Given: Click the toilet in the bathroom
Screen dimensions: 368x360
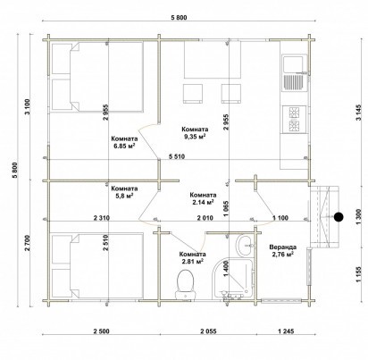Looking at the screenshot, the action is coord(186,284).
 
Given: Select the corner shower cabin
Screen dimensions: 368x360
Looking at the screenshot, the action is coord(233,278).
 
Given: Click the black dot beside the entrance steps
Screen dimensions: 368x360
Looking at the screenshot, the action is coord(339,217).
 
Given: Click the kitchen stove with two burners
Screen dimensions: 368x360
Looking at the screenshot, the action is coord(294,119).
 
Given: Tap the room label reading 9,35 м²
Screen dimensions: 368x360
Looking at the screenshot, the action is coord(195,133).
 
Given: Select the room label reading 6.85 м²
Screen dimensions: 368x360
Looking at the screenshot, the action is coord(124,142).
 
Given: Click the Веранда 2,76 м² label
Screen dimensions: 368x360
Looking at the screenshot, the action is coord(282,250).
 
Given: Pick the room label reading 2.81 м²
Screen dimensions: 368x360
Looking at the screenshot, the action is coord(192,258).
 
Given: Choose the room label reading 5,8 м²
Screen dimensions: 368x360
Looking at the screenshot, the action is coord(124,192).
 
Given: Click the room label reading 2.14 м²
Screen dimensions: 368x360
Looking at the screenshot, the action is coord(203,198).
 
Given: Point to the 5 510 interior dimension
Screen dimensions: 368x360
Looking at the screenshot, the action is coord(177,156).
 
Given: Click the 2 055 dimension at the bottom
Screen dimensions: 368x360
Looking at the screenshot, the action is coord(209,331).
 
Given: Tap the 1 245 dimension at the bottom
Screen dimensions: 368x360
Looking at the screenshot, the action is coord(286,331).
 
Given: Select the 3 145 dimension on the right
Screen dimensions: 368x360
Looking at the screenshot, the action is coord(359,113).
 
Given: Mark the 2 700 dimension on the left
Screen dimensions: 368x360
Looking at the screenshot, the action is coord(28,243).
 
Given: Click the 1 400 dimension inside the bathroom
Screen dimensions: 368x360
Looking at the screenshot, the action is coord(225,269).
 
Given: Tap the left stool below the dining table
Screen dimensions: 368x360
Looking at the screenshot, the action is coord(193,94).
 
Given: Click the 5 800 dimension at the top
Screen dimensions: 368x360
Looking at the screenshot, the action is coord(179,18).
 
